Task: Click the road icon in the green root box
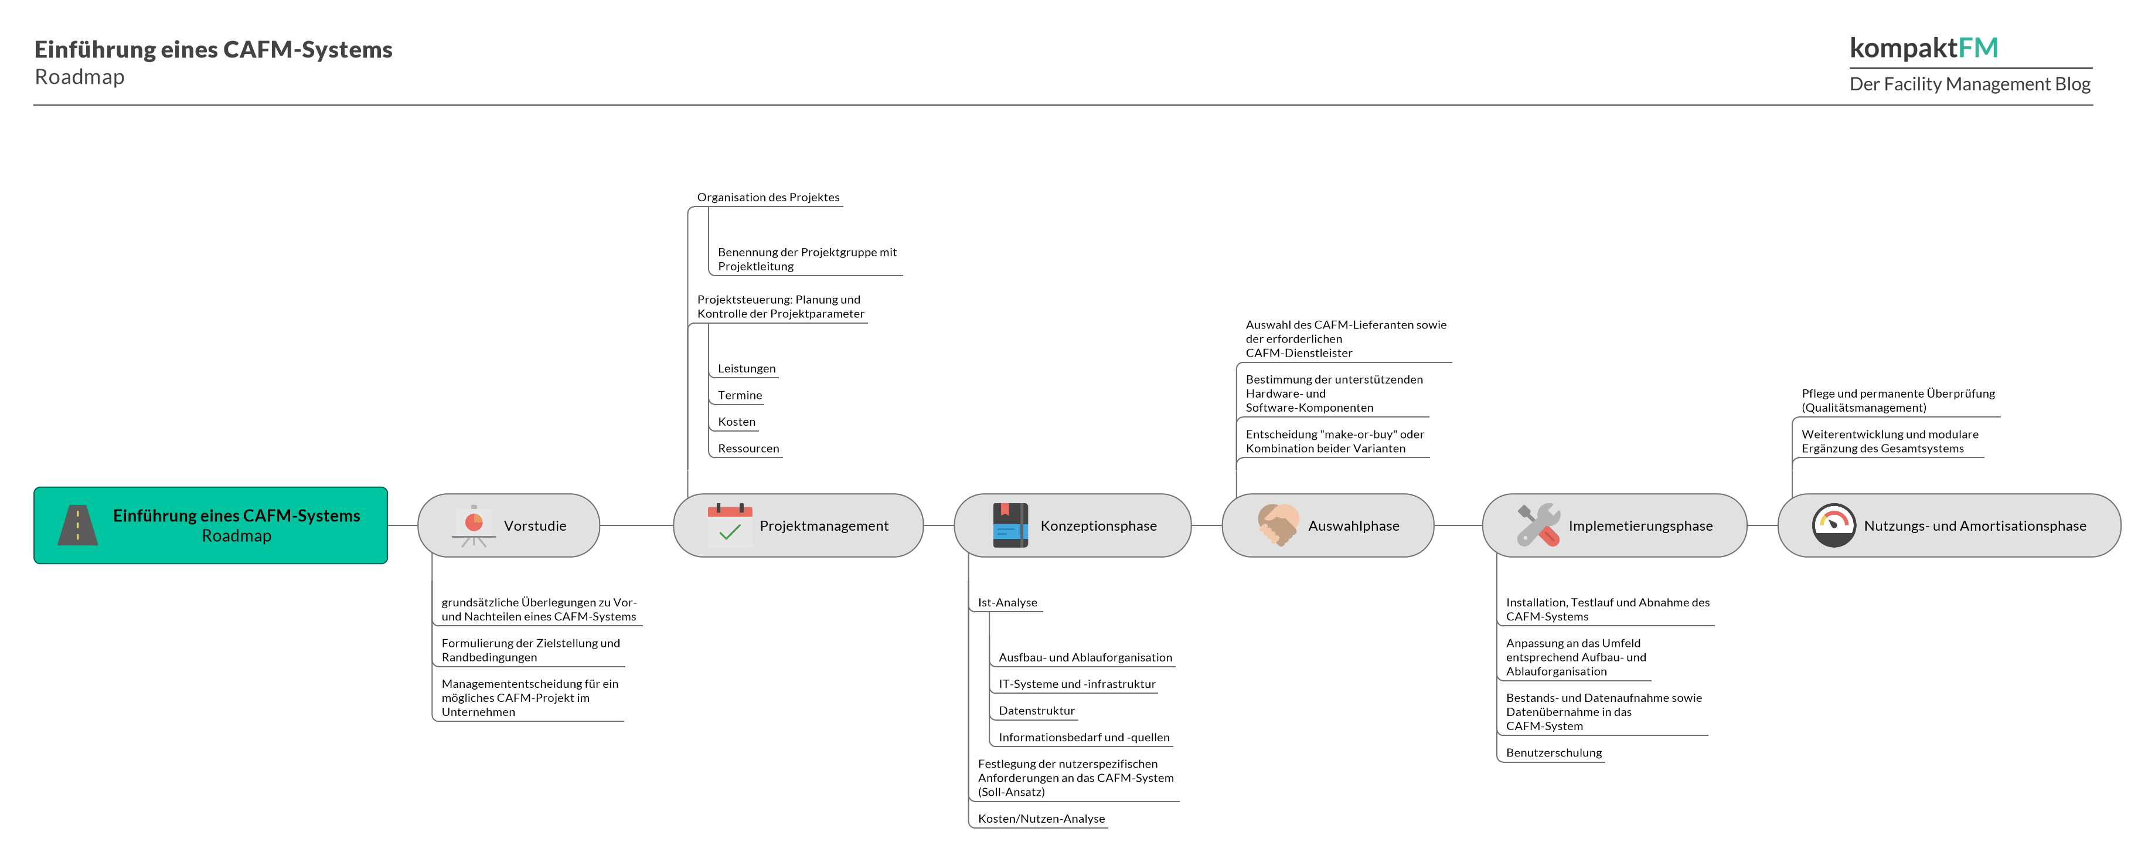[78, 525]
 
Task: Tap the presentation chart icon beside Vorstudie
[474, 525]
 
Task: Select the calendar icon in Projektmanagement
[730, 525]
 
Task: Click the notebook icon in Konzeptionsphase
[1010, 525]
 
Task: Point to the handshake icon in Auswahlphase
[1278, 525]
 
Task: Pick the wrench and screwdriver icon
[1538, 525]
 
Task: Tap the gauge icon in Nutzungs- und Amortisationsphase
[1833, 525]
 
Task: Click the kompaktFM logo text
[1924, 47]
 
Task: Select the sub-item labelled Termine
[740, 395]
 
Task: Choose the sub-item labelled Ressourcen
[748, 449]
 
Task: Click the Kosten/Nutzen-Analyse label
[1041, 819]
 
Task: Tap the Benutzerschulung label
[1554, 752]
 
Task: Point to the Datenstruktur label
[1036, 711]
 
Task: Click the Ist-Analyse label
[1007, 603]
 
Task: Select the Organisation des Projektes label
[768, 198]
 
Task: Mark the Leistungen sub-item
[746, 368]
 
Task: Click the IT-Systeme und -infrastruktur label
[1077, 684]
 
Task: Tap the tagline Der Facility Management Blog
[1969, 84]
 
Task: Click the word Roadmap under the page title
[80, 77]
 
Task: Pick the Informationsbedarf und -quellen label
[1083, 737]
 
